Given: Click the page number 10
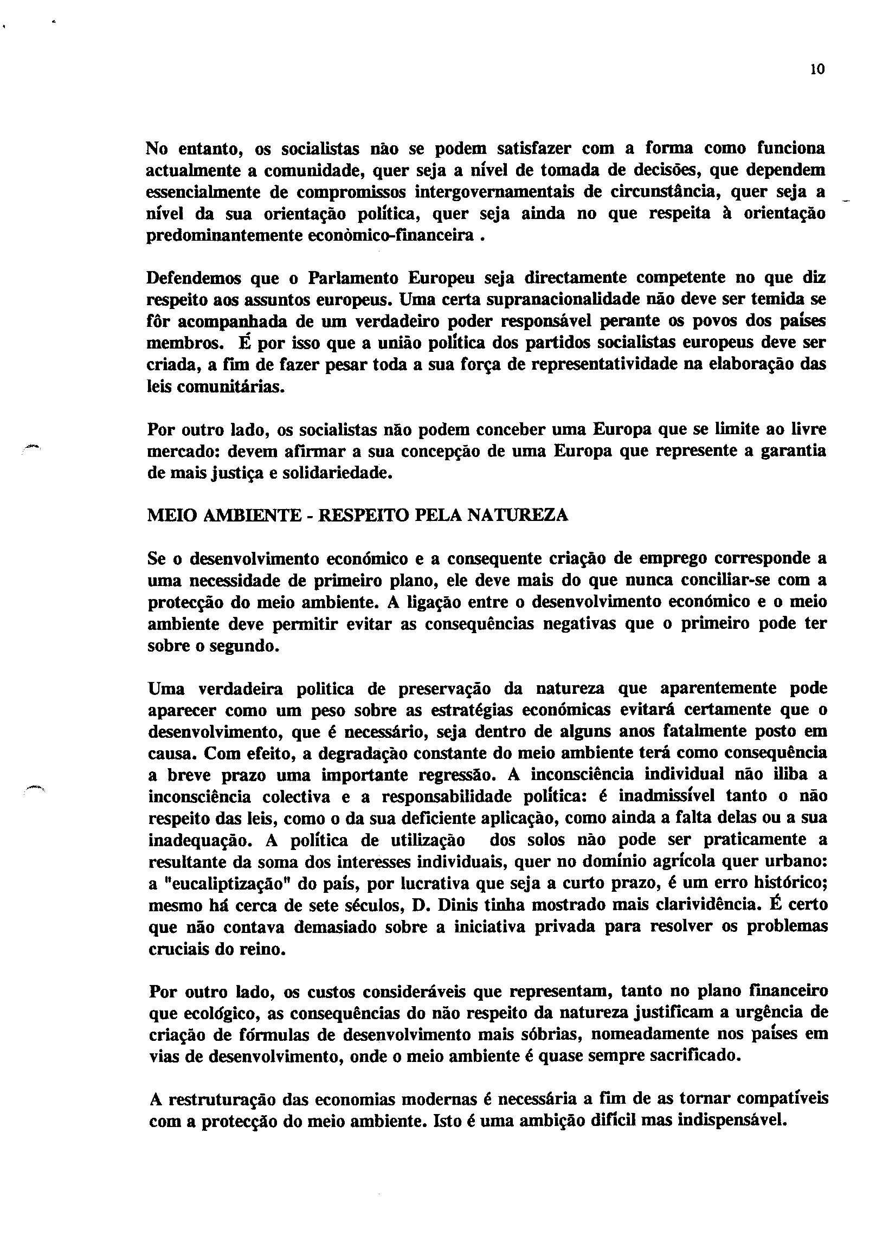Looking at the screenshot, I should coord(817,69).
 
